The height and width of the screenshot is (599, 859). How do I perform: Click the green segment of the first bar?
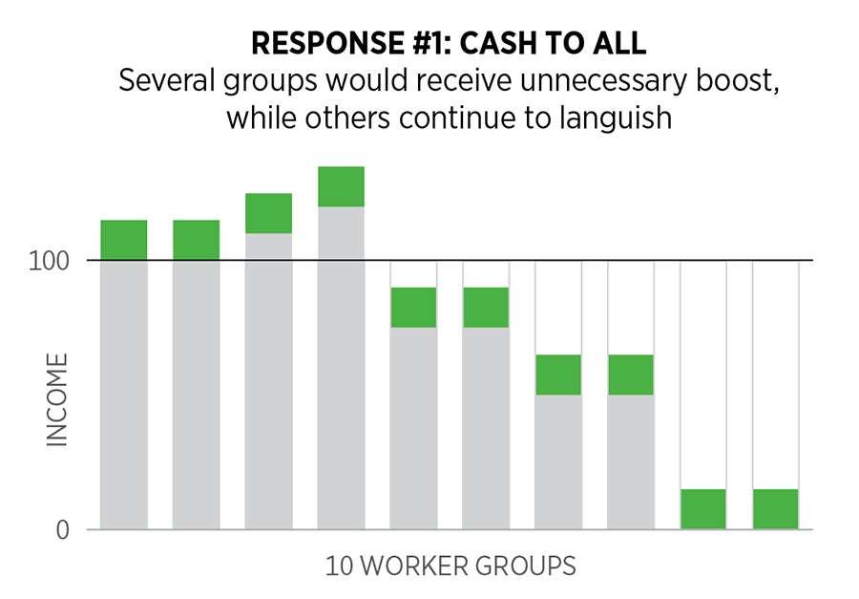point(124,240)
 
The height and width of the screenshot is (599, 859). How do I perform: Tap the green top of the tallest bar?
point(342,186)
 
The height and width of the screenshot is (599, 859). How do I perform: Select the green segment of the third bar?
point(269,213)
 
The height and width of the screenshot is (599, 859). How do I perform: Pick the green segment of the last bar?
point(776,509)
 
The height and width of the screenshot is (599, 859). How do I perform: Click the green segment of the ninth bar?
point(703,509)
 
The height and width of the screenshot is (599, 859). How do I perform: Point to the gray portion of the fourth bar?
point(342,368)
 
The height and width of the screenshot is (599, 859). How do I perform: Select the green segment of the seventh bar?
point(558,374)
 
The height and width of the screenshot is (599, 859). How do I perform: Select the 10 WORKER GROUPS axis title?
point(450,567)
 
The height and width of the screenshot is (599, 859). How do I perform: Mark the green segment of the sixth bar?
point(486,308)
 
